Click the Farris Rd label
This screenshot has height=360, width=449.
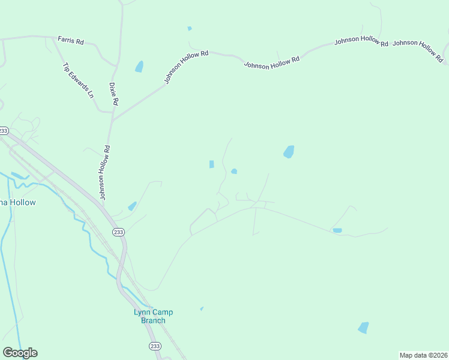pos(70,40)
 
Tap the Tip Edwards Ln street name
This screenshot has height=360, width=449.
pos(79,80)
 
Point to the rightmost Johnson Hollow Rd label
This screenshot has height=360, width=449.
pos(418,50)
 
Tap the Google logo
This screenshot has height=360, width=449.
pos(20,353)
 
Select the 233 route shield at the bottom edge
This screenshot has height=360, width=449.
pos(155,346)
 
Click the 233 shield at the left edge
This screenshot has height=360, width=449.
pos(4,130)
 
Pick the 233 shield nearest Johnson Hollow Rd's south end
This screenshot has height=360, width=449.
pos(118,232)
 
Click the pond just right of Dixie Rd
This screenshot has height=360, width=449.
pos(139,66)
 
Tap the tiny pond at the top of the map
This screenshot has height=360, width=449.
pos(190,28)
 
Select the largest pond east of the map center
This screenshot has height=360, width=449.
pos(289,152)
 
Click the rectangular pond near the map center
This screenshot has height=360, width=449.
pos(211,164)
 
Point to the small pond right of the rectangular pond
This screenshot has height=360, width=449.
pos(234,172)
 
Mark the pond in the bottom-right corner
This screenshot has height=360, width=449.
pos(363,328)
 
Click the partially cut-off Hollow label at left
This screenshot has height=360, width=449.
pos(18,203)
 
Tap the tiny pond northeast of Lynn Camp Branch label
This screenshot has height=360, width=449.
pos(202,308)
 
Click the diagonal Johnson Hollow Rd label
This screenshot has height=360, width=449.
pos(187,67)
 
